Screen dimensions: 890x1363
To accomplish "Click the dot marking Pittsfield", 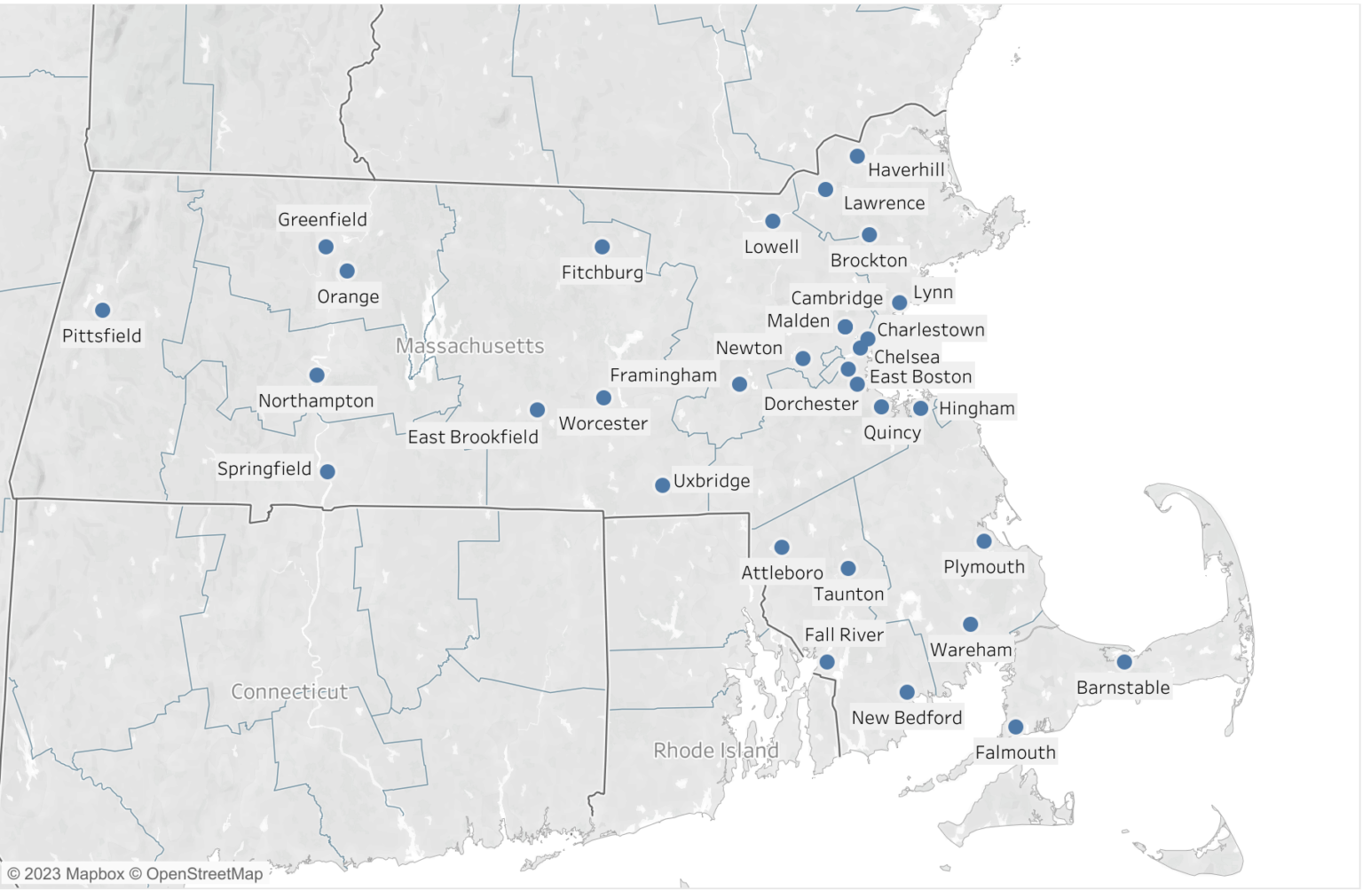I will [x=103, y=311].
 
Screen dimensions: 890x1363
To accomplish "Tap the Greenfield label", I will [x=322, y=219].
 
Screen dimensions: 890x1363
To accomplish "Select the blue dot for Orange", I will [x=347, y=272].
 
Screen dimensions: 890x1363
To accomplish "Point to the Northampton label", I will [x=316, y=401].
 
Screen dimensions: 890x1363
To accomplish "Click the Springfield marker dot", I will [x=327, y=472].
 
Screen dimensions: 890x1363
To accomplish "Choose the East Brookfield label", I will [x=473, y=437].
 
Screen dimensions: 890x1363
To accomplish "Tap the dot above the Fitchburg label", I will [x=603, y=248].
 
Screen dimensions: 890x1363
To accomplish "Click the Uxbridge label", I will [x=712, y=481].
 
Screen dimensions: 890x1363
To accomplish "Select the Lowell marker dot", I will [x=773, y=222].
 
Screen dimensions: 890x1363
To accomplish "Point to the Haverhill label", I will [x=906, y=169].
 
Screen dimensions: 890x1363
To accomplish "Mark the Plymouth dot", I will [x=984, y=541].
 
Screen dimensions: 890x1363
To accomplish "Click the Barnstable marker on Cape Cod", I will [x=1124, y=662].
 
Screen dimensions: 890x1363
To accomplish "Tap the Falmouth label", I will [x=1015, y=753].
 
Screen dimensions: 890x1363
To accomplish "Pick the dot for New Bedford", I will [x=907, y=692].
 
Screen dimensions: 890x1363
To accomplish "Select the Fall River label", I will [x=844, y=635].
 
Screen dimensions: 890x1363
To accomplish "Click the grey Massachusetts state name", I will [x=470, y=346].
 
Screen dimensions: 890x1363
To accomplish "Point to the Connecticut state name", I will [x=289, y=692].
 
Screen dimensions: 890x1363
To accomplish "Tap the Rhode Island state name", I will [x=716, y=751].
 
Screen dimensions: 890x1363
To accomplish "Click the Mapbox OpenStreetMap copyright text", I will [x=136, y=874].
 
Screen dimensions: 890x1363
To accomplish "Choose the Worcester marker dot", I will [x=603, y=398].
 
